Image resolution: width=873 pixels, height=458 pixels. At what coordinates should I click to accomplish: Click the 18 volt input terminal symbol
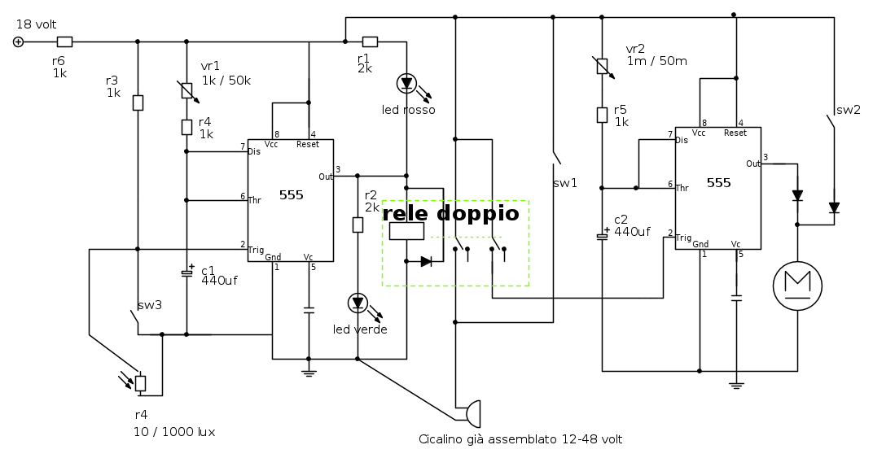pyautogui.click(x=18, y=41)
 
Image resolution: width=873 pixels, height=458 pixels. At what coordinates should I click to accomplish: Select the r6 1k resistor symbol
pyautogui.click(x=64, y=41)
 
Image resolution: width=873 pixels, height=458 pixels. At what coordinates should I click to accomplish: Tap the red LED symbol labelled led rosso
pyautogui.click(x=406, y=83)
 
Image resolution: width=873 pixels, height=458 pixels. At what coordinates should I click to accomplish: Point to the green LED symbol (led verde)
pyautogui.click(x=357, y=303)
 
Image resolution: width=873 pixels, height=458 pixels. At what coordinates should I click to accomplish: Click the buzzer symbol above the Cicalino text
pyautogui.click(x=472, y=413)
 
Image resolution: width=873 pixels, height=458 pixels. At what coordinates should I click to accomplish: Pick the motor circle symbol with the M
pyautogui.click(x=796, y=286)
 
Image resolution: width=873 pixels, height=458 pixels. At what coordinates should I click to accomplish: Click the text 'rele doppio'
pyautogui.click(x=450, y=214)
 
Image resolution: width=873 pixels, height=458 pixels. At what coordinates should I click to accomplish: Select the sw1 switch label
pyautogui.click(x=564, y=183)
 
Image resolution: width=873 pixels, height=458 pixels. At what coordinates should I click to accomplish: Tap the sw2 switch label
pyautogui.click(x=848, y=110)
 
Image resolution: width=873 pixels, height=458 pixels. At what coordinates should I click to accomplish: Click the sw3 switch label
pyautogui.click(x=149, y=305)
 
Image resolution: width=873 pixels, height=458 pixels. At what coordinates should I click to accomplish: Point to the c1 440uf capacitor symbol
pyautogui.click(x=186, y=273)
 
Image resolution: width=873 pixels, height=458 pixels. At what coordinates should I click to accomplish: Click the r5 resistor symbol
pyautogui.click(x=602, y=115)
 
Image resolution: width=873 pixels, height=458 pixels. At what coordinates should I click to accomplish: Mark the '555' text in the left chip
pyautogui.click(x=291, y=194)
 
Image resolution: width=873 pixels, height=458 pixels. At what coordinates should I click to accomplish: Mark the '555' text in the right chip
pyautogui.click(x=718, y=183)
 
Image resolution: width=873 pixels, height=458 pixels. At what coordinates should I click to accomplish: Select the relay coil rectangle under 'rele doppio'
pyautogui.click(x=406, y=231)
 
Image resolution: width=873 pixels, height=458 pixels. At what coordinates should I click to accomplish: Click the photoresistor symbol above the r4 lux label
pyautogui.click(x=140, y=382)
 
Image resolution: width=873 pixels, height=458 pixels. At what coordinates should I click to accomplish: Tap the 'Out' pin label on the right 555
pyautogui.click(x=753, y=164)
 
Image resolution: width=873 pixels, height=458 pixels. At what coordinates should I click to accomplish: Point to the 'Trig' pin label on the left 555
pyautogui.click(x=257, y=250)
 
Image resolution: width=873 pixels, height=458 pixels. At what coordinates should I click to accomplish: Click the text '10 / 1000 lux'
pyautogui.click(x=174, y=432)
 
